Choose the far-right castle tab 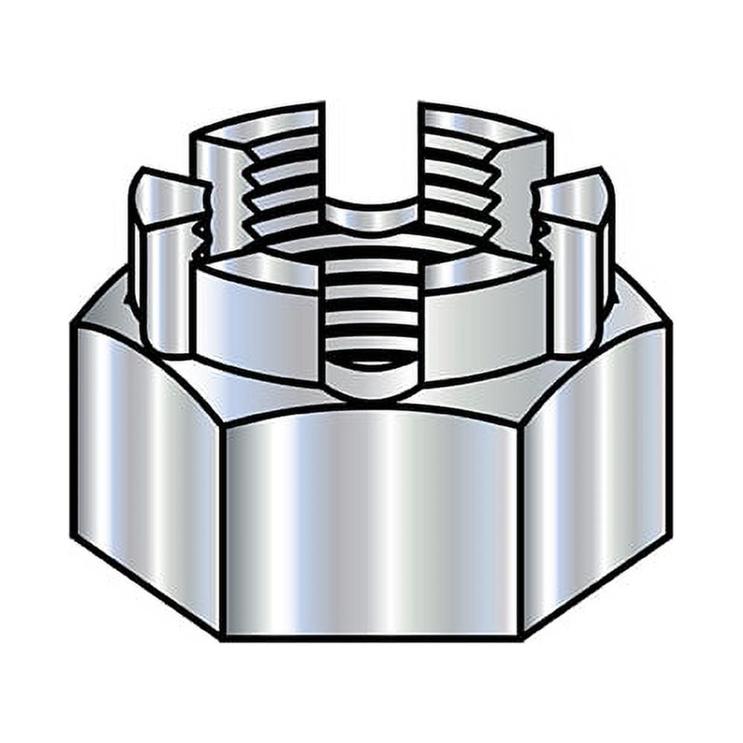tap(576, 275)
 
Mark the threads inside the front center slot tap(371, 305)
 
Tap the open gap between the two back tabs tap(371, 149)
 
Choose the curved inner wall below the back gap tap(371, 215)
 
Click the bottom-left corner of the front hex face tap(223, 636)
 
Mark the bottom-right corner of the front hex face tap(520, 636)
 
